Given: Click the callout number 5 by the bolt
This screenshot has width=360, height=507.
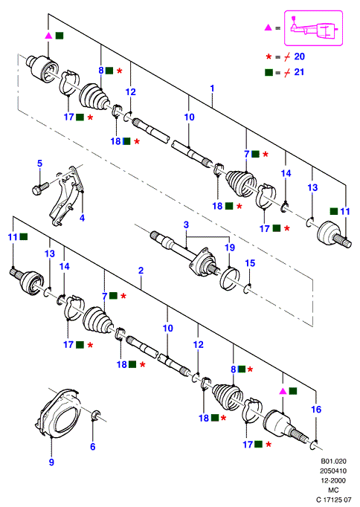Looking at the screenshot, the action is click(39, 164).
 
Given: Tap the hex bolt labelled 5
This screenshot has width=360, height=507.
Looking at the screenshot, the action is click(40, 188).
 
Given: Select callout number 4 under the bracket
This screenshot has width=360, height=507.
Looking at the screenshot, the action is click(82, 219).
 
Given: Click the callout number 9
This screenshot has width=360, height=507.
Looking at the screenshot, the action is click(51, 462).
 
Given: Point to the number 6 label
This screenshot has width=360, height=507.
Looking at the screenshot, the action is click(93, 447).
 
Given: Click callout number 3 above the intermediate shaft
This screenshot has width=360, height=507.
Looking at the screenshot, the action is click(186, 225).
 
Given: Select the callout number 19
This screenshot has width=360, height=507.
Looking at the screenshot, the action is click(230, 248).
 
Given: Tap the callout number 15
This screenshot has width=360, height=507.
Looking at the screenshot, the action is click(250, 263).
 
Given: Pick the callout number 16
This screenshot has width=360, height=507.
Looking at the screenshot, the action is click(316, 410).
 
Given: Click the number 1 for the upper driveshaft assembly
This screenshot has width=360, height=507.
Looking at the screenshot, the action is click(212, 88).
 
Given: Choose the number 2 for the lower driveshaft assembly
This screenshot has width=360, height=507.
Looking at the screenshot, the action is click(141, 271).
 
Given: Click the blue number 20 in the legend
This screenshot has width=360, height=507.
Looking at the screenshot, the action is click(300, 56).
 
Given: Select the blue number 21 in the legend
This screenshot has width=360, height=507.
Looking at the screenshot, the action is click(299, 72).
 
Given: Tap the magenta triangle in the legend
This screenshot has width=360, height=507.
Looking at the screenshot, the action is click(268, 28).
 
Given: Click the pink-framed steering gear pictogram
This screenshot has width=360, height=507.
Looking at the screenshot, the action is click(313, 28).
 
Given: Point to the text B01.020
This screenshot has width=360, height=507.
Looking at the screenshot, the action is click(333, 462).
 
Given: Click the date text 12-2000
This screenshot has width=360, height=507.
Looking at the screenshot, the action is click(333, 481).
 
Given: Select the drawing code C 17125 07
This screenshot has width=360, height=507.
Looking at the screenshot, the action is click(333, 500).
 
